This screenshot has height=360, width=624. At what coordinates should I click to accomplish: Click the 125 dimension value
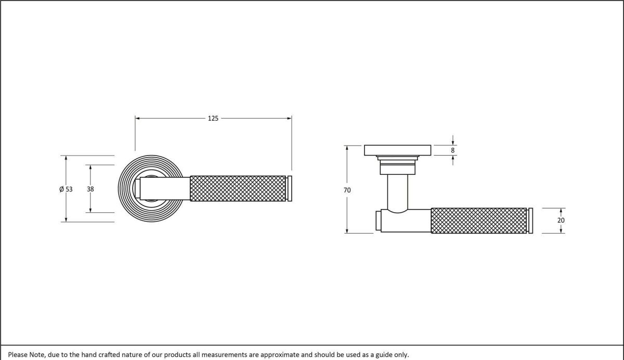pos(213,119)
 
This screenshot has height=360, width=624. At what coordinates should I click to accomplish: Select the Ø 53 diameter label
pos(66,189)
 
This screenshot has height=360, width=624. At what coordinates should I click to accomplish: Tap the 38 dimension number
pos(90,189)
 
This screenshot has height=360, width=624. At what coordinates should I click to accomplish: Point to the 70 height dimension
pos(347,190)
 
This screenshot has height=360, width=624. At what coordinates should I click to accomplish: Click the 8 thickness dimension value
pos(453,150)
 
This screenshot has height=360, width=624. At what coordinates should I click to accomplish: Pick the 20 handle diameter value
pos(561,220)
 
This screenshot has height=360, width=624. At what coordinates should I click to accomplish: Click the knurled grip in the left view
pos(238,188)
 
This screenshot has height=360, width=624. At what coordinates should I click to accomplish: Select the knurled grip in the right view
pos(479,221)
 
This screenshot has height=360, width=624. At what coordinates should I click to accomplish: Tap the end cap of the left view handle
pos(290,188)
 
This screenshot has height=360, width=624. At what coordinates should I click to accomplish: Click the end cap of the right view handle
pos(530,221)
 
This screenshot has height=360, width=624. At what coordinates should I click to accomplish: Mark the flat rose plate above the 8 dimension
pos(398,150)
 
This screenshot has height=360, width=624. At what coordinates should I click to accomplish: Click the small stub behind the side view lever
pos(379,220)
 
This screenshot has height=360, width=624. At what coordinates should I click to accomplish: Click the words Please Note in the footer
pos(26,354)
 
